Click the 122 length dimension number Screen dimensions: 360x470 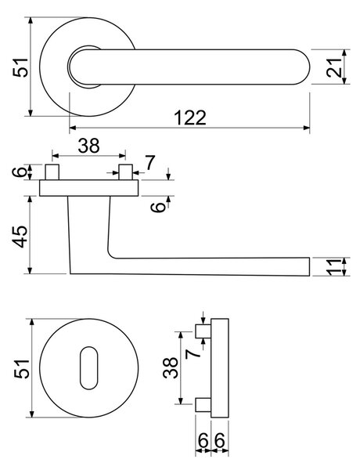point(190,117)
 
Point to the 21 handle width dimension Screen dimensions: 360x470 point(334,67)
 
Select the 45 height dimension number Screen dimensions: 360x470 point(21,237)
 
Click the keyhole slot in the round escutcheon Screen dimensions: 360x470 point(89,368)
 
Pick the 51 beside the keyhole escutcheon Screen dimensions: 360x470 point(22,369)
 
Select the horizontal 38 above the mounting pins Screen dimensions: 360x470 point(88,146)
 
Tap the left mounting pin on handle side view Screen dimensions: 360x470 point(52,172)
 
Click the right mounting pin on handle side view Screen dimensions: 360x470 point(125,172)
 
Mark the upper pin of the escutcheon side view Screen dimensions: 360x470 point(203,331)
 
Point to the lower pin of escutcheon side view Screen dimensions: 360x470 point(203,404)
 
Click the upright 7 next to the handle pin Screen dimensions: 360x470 point(149,163)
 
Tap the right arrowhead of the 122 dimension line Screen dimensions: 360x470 point(306,128)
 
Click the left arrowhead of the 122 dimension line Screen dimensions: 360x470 point(73,128)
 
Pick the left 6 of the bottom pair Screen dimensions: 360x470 point(203,440)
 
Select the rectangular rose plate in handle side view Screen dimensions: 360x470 point(89,188)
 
